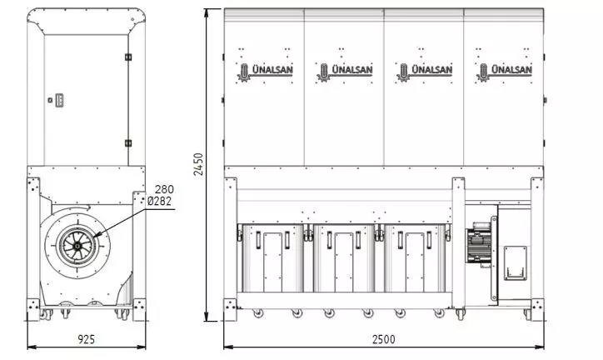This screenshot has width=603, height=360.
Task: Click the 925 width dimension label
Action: pos(86,339)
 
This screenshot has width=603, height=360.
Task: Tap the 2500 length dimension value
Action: pos(383,339)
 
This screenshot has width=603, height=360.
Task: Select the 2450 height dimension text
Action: pos(198,164)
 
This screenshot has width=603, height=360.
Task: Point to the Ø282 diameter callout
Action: pos(160,201)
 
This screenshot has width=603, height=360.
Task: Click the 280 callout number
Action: pos(164,189)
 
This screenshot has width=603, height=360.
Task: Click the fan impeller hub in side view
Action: pos(77,244)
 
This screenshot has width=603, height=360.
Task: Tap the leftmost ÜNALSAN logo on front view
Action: pos(265,71)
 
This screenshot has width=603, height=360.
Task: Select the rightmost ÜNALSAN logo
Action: pos(504,71)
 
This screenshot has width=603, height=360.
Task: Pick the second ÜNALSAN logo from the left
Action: pos(345,71)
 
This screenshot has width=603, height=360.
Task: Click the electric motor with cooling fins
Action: pos(478,244)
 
